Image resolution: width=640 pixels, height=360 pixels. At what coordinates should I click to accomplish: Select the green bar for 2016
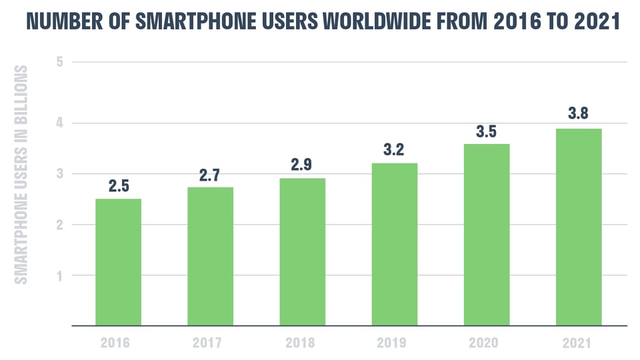point(118,262)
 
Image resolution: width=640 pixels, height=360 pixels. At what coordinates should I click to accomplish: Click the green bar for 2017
point(210,257)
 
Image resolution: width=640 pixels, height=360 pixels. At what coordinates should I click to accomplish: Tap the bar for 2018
point(303,252)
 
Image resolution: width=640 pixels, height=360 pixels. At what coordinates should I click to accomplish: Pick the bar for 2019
point(395,244)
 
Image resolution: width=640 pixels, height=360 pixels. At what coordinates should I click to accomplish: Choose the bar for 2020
point(487,235)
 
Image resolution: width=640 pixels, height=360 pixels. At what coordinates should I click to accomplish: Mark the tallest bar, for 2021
point(579,227)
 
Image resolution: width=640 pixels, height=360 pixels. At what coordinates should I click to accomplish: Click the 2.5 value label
point(118,187)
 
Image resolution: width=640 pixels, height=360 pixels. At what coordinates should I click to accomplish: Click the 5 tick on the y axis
point(59,63)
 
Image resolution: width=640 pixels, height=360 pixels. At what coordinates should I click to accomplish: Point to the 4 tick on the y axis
point(59,123)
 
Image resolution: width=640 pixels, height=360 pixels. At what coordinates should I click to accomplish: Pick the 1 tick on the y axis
point(59,275)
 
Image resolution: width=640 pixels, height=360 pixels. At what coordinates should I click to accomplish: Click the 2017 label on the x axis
point(210,343)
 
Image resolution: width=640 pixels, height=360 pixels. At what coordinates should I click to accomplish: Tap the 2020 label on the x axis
point(487,343)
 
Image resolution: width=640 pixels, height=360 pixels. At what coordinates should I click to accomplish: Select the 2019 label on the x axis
point(395,343)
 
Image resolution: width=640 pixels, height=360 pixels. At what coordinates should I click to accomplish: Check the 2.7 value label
point(210,176)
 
